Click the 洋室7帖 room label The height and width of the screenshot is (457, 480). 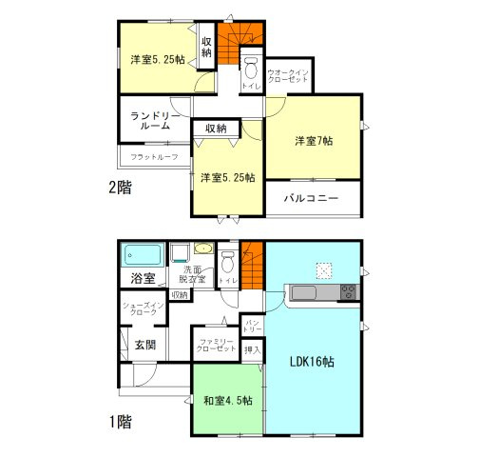click(313, 142)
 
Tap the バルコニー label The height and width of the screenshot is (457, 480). click(313, 201)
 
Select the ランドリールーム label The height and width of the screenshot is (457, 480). click(150, 119)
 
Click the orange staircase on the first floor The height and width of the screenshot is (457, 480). click(253, 268)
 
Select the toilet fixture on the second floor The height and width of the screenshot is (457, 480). click(251, 69)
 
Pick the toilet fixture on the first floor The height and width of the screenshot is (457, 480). click(227, 262)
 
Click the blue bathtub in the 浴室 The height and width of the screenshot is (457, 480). click(143, 255)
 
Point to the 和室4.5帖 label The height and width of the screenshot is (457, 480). click(227, 401)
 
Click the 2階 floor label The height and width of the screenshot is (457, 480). click(119, 189)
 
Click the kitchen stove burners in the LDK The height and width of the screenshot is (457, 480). click(347, 291)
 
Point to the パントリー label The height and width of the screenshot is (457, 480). click(253, 327)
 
